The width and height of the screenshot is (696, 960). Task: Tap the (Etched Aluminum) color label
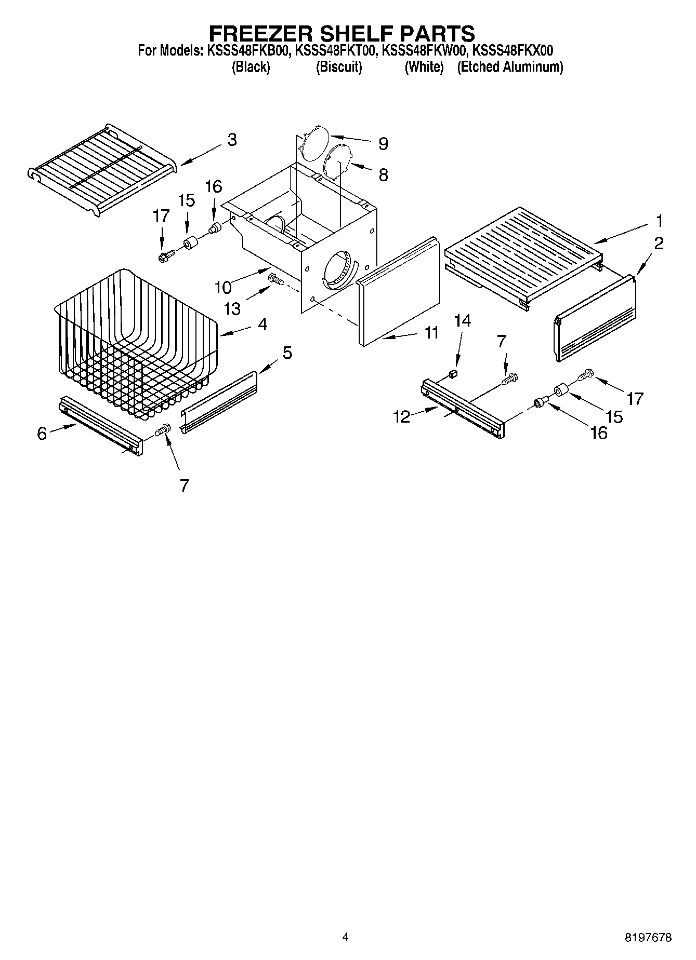pos(510,67)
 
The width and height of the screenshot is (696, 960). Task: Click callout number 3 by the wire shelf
pos(231,140)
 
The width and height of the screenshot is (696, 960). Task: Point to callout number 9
pos(383,143)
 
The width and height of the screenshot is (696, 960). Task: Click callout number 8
pos(383,174)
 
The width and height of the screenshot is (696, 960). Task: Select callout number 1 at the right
pos(659,221)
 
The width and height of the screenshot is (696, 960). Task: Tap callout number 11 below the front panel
pos(432,332)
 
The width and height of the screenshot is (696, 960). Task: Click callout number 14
pos(462,321)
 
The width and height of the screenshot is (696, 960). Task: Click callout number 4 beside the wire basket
pos(262,324)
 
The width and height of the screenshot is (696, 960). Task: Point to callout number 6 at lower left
pos(42,434)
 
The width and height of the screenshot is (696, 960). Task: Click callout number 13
pos(232,308)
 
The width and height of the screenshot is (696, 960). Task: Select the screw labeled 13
pos(275,280)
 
